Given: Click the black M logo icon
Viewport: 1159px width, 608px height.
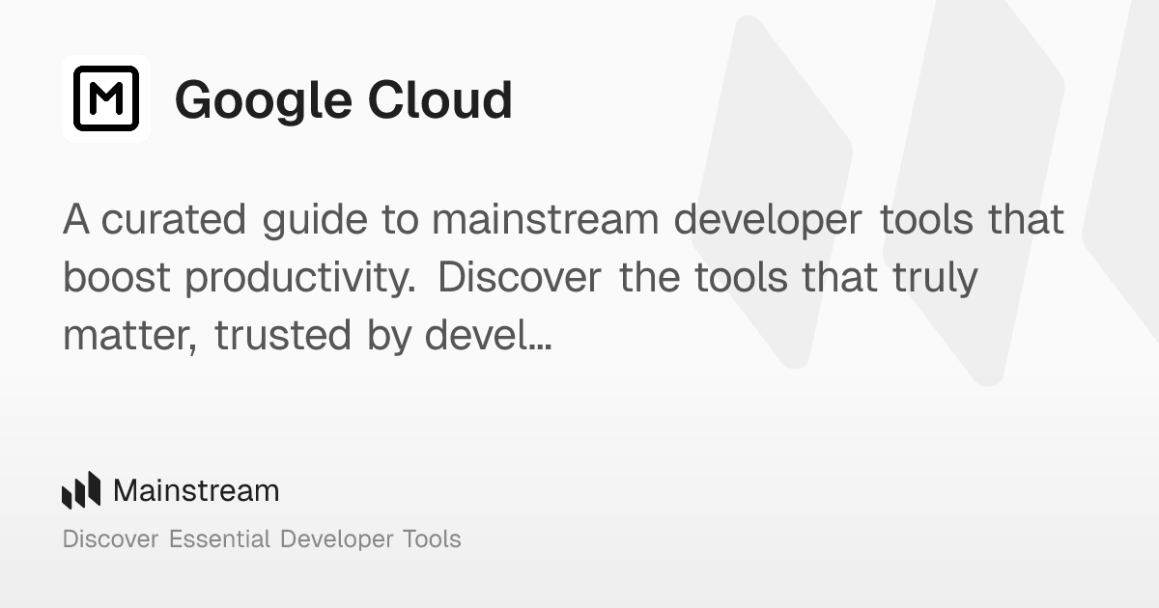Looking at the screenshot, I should click(x=106, y=98).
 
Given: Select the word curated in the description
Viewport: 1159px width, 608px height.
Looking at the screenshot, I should click(x=174, y=220).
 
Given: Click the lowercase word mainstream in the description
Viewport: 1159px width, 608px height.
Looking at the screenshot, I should click(x=546, y=220).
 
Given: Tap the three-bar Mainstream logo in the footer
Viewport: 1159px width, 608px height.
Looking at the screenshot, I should click(x=81, y=490).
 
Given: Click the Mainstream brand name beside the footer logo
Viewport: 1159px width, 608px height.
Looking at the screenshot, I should click(x=196, y=490).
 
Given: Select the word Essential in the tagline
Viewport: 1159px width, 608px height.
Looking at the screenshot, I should click(x=219, y=539).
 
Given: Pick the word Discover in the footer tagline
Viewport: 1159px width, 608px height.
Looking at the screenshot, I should click(x=110, y=539).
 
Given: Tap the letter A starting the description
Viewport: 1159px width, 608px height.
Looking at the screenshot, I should click(x=76, y=220).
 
